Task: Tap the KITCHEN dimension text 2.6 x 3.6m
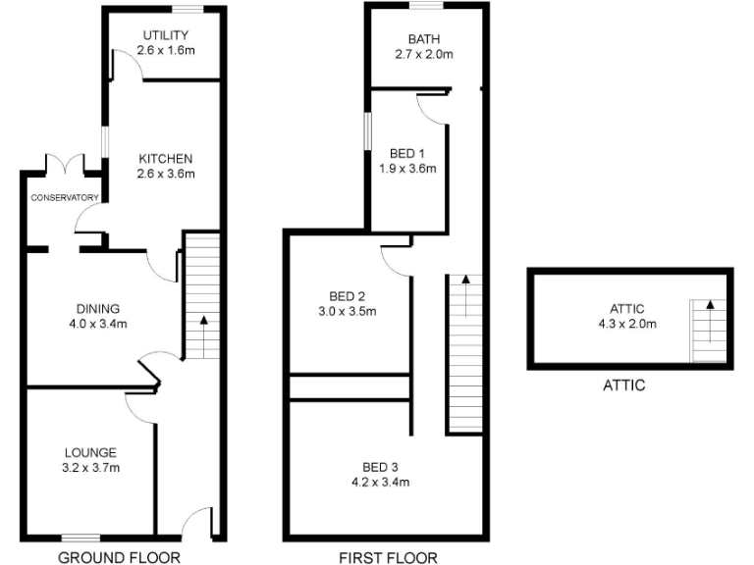click(165, 175)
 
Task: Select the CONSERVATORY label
click(65, 198)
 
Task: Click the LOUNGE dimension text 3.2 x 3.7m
click(90, 468)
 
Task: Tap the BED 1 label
click(407, 153)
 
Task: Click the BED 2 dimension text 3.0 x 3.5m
click(349, 312)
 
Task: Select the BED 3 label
click(381, 466)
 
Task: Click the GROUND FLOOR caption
click(120, 558)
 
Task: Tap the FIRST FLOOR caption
click(388, 558)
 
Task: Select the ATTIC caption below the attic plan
click(624, 385)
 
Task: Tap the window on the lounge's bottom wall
click(81, 538)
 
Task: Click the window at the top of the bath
click(425, 6)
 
